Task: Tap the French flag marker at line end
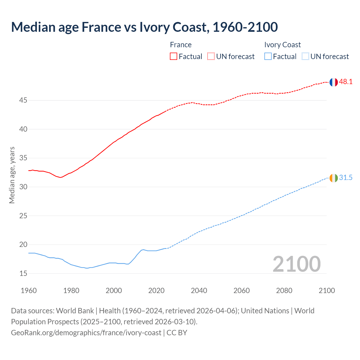[x=333, y=82]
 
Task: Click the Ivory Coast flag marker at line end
[x=333, y=178]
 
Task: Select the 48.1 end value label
[x=346, y=82]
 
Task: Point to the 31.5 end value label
[x=346, y=178]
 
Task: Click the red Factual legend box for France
[x=174, y=56]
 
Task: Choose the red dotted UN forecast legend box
[x=211, y=56]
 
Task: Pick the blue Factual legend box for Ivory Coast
[x=268, y=56]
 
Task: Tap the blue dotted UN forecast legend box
[x=305, y=56]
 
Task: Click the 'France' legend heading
[x=181, y=45]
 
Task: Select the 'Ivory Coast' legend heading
[x=282, y=45]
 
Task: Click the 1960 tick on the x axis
[x=29, y=291]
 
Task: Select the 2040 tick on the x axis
[x=199, y=291]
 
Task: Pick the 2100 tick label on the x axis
[x=327, y=291]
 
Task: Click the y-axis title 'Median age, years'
[x=12, y=175]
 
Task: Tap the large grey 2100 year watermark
[x=296, y=264]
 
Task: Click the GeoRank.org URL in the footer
[x=86, y=333]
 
